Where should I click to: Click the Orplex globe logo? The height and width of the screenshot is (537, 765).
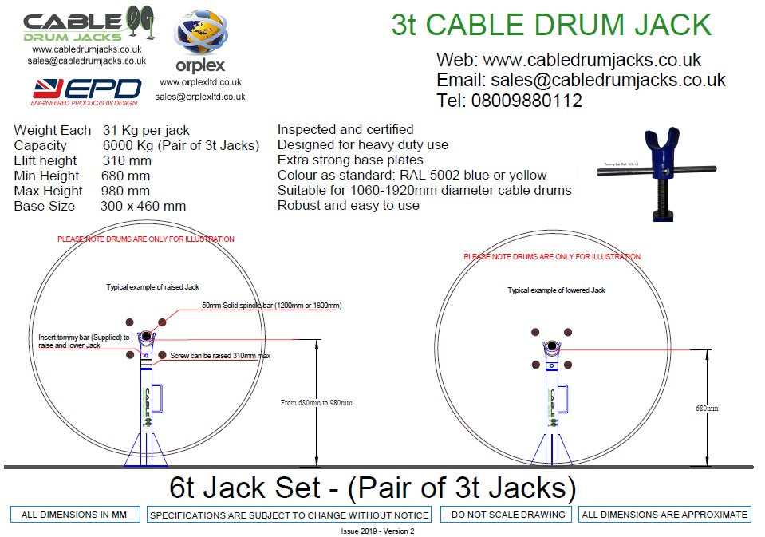pyautogui.click(x=200, y=36)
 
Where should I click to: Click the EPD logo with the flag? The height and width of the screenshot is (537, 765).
pyautogui.click(x=86, y=91)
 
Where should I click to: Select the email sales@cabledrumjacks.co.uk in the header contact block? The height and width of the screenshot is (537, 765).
pyautogui.click(x=581, y=80)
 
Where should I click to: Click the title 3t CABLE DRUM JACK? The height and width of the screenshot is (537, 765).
pyautogui.click(x=551, y=25)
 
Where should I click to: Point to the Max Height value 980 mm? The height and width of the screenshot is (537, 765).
pyautogui.click(x=125, y=191)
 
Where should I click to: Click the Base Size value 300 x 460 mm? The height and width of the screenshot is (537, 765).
pyautogui.click(x=144, y=206)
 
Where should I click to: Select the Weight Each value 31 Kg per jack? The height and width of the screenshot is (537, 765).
pyautogui.click(x=146, y=130)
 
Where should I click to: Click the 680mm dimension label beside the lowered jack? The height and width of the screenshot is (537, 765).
pyautogui.click(x=706, y=408)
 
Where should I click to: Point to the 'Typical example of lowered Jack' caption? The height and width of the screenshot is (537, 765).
pyautogui.click(x=556, y=290)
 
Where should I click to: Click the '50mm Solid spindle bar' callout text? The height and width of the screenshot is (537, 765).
pyautogui.click(x=271, y=306)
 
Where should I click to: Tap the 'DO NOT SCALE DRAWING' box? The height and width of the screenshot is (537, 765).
pyautogui.click(x=507, y=515)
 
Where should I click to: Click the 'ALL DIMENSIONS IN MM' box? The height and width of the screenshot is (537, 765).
pyautogui.click(x=75, y=515)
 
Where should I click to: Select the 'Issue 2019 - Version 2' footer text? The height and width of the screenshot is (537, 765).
pyautogui.click(x=373, y=531)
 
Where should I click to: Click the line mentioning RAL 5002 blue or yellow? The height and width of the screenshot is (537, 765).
pyautogui.click(x=412, y=176)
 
